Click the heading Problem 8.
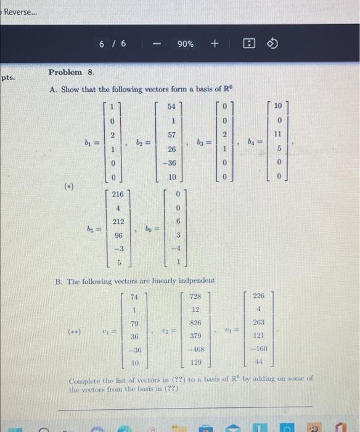[x=71, y=73]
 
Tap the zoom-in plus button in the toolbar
[x=214, y=44]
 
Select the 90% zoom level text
[x=185, y=44]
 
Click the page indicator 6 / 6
[x=112, y=44]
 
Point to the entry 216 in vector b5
[x=117, y=194]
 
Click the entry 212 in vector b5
[x=117, y=222]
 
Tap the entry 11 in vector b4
[x=277, y=134]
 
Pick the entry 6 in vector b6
[x=177, y=222]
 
